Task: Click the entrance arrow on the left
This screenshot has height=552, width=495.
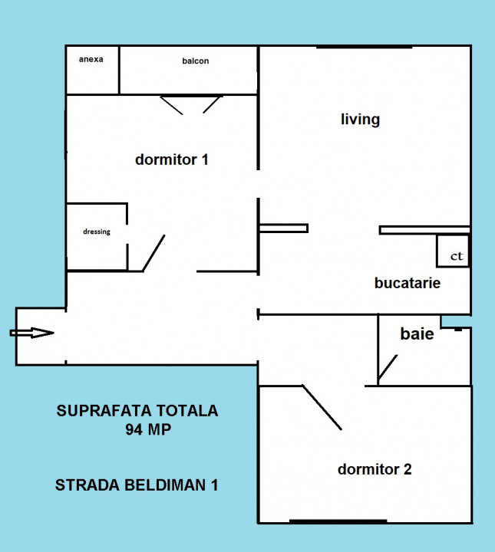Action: coord(31,333)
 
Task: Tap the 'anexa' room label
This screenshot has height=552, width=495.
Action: coord(91,59)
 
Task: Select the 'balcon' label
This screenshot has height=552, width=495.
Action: coord(196,61)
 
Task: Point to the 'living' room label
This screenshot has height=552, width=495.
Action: coord(360,120)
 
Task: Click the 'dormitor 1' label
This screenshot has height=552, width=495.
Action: coord(172,159)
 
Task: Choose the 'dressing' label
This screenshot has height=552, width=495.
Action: coord(97,232)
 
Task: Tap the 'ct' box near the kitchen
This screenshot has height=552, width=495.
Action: coord(453,251)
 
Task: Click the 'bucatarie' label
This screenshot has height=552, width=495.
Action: coord(408,283)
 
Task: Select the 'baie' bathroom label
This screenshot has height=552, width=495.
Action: coord(417,333)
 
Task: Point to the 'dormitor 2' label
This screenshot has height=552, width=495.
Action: coord(375,469)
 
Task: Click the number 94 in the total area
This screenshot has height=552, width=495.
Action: coord(134,429)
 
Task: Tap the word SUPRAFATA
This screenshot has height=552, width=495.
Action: coord(104,411)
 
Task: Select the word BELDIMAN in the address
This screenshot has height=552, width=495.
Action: coord(166,485)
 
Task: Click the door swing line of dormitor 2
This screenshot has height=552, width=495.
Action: coord(322,407)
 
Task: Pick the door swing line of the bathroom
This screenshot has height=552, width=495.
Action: coord(388,369)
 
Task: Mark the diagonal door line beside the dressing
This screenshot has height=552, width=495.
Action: coord(153,253)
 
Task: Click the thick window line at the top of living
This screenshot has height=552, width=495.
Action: coord(365,47)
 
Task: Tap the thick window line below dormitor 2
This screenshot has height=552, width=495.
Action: coord(338,521)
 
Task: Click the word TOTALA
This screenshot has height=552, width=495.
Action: coord(187,411)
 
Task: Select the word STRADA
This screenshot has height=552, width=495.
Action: coord(88,485)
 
